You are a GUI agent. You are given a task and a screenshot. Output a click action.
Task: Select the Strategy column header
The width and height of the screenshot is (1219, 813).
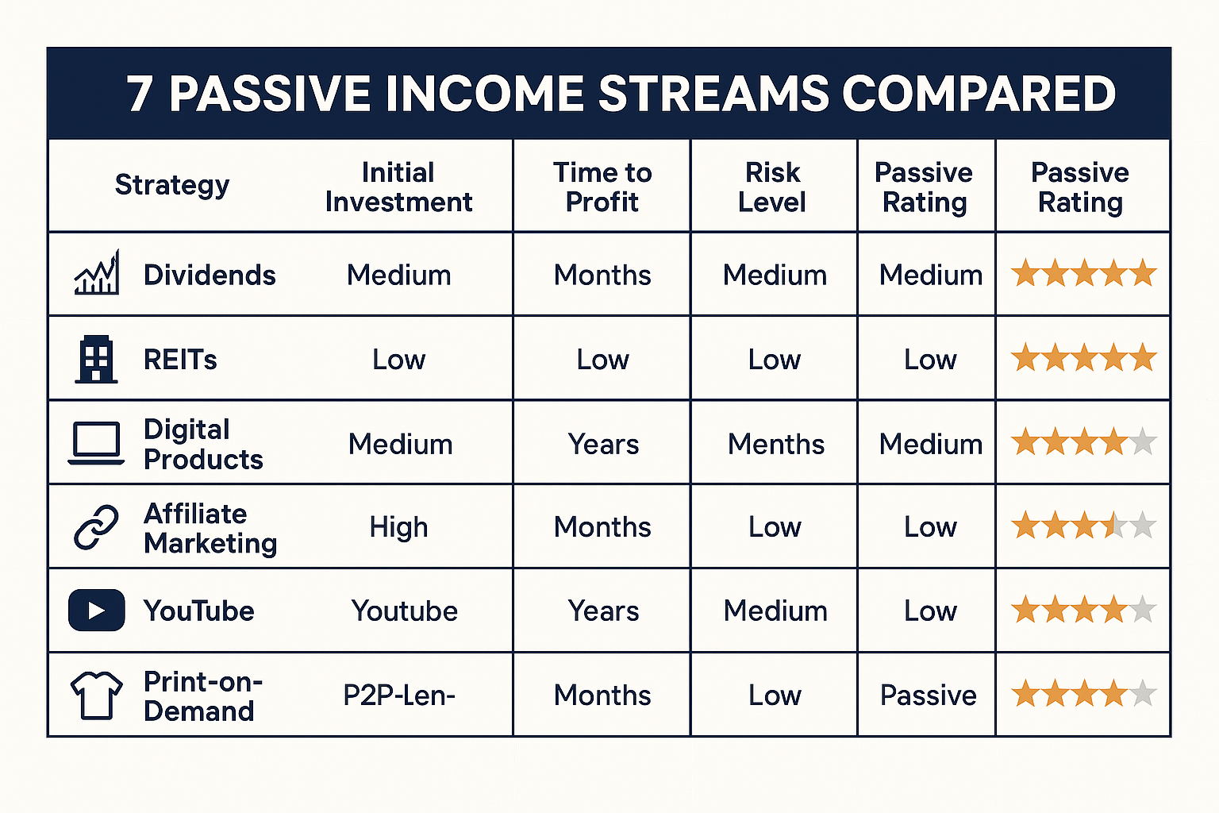pyautogui.click(x=172, y=186)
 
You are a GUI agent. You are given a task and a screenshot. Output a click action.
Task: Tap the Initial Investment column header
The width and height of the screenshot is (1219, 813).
pyautogui.click(x=399, y=187)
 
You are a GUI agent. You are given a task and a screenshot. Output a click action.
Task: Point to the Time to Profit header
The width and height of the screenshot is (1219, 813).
pyautogui.click(x=602, y=187)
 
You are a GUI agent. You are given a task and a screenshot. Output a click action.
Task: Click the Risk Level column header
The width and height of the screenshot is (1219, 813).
pyautogui.click(x=772, y=187)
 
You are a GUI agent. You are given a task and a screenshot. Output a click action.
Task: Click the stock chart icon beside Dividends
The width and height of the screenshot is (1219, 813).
pyautogui.click(x=96, y=272)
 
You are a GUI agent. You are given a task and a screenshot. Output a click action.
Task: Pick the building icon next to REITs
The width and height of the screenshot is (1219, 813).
pyautogui.click(x=96, y=359)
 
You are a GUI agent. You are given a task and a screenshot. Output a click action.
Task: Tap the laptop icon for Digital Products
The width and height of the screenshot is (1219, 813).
pyautogui.click(x=96, y=443)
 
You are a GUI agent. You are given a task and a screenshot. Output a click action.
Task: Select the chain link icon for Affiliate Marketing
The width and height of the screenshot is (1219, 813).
pyautogui.click(x=96, y=526)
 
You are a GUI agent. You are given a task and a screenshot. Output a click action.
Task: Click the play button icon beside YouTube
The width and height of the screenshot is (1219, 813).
pyautogui.click(x=96, y=610)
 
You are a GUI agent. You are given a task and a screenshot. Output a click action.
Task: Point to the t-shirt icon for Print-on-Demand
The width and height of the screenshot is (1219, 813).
pyautogui.click(x=96, y=695)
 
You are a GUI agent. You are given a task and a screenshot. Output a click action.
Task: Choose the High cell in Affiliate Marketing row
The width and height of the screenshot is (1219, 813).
pyautogui.click(x=399, y=528)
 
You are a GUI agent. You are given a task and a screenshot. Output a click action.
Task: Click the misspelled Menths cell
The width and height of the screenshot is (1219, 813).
pyautogui.click(x=776, y=445)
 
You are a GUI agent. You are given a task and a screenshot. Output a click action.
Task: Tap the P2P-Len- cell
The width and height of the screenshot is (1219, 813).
pyautogui.click(x=399, y=695)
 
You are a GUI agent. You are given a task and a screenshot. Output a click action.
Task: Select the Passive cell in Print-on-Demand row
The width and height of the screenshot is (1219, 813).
pyautogui.click(x=929, y=695)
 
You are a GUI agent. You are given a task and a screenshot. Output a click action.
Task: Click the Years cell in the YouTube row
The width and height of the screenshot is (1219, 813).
pyautogui.click(x=603, y=611)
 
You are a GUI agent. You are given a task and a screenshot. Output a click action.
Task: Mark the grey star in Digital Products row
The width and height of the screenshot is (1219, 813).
pyautogui.click(x=1142, y=441)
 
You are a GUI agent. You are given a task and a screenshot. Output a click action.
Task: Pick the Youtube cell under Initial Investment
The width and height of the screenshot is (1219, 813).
pyautogui.click(x=404, y=611)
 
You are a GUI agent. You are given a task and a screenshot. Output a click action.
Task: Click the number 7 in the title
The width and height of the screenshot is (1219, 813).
pyautogui.click(x=140, y=94)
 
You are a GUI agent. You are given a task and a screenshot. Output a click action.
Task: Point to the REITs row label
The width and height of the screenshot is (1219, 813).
pyautogui.click(x=180, y=360)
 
